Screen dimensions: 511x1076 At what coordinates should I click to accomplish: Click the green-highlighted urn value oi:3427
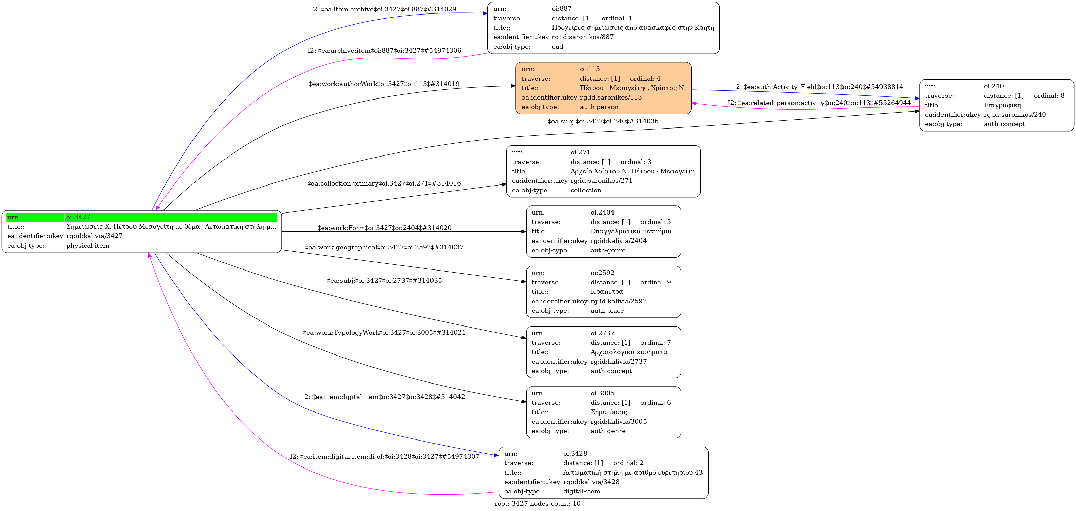pyautogui.click(x=78, y=217)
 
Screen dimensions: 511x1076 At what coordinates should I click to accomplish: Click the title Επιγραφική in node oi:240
pyautogui.click(x=1002, y=105)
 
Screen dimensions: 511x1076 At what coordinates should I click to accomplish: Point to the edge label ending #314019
pyautogui.click(x=384, y=84)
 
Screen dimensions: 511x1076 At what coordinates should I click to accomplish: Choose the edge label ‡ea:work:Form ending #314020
pyautogui.click(x=384, y=228)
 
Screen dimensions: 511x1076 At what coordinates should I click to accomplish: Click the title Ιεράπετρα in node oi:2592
pyautogui.click(x=606, y=292)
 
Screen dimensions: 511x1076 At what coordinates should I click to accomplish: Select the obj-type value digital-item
pyautogui.click(x=581, y=491)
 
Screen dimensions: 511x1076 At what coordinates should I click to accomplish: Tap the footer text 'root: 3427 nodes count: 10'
pyautogui.click(x=537, y=504)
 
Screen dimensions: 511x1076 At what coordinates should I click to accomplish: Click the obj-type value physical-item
pyautogui.click(x=88, y=246)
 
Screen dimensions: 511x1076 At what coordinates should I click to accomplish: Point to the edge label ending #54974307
pyautogui.click(x=384, y=457)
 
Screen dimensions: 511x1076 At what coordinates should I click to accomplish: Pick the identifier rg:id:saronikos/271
pyautogui.click(x=601, y=181)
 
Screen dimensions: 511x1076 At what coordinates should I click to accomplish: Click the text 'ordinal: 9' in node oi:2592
pyautogui.click(x=655, y=282)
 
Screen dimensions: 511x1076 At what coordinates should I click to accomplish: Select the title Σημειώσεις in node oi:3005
pyautogui.click(x=608, y=412)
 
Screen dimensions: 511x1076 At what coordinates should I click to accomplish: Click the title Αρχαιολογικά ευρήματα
pyautogui.click(x=629, y=352)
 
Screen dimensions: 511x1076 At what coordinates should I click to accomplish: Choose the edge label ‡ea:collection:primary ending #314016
pyautogui.click(x=384, y=183)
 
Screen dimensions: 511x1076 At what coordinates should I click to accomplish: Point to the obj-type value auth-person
pyautogui.click(x=599, y=107)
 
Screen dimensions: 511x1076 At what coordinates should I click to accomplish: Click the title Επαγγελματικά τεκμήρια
pyautogui.click(x=631, y=231)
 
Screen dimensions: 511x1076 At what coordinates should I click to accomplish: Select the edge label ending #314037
pyautogui.click(x=384, y=247)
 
